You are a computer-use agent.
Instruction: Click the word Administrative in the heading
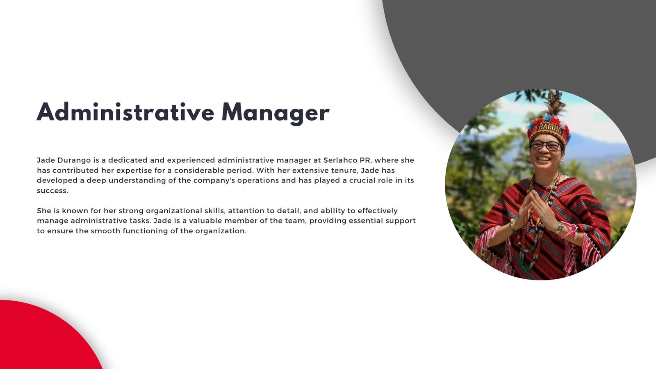[125, 112]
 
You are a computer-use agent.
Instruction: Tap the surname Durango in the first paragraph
[74, 161]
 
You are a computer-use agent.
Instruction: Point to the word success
[52, 191]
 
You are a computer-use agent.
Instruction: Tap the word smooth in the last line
[105, 231]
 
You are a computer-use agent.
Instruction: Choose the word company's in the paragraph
[214, 181]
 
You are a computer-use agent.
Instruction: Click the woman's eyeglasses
[546, 146]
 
